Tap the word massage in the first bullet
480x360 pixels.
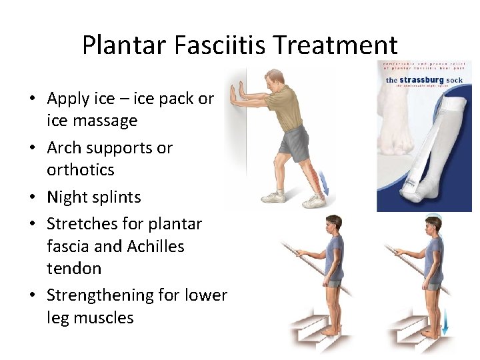click(109, 121)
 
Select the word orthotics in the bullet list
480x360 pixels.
click(80, 169)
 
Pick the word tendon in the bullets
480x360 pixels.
click(74, 269)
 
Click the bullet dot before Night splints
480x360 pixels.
click(32, 198)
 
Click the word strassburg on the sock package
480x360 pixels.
click(426, 81)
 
